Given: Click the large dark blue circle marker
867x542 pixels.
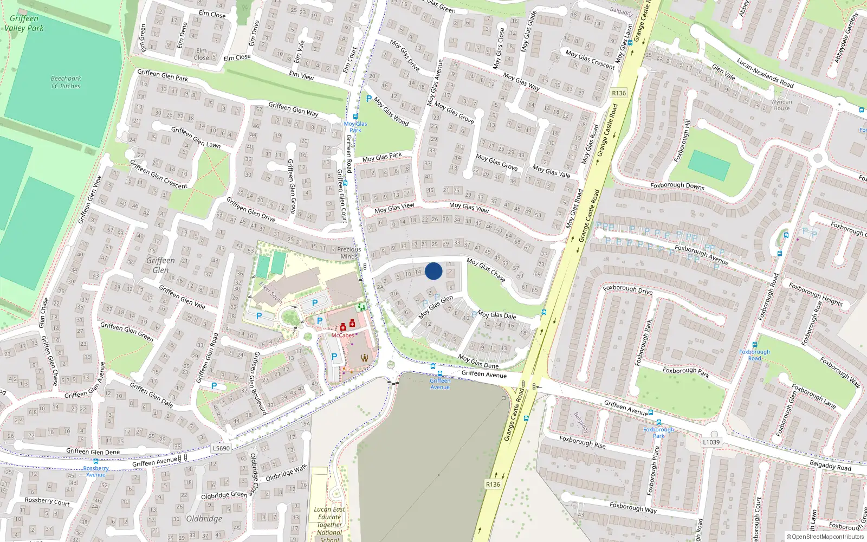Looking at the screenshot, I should [x=433, y=271].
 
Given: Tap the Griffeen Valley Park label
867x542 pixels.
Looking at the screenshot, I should [x=24, y=23].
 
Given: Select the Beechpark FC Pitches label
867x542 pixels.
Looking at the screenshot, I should [x=66, y=82].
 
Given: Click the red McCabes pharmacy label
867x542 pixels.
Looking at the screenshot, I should [x=342, y=335].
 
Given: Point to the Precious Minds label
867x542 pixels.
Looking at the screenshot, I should [x=349, y=253].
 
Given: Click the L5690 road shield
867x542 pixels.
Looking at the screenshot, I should [x=221, y=448].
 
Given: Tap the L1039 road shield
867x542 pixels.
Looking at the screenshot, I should [x=711, y=442].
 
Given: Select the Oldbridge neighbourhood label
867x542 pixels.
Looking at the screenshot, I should [x=204, y=519].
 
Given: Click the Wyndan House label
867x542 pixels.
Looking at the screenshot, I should [x=781, y=105].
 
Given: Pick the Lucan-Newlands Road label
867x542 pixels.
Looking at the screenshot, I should [x=765, y=73].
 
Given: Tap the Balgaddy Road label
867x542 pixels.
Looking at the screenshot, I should [x=830, y=465].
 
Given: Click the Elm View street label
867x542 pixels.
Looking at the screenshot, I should [x=301, y=75].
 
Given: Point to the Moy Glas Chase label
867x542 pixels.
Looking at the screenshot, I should [x=486, y=269].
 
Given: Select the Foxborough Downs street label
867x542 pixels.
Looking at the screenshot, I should [x=677, y=186].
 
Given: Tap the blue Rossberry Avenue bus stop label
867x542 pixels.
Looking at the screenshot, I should [x=96, y=472].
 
